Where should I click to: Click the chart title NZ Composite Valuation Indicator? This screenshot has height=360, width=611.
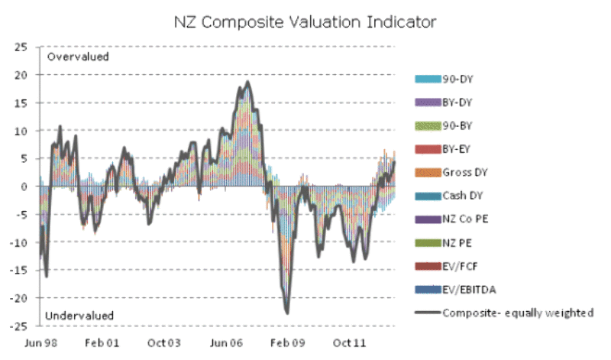click(305, 22)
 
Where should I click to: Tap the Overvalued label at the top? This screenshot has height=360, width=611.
click(78, 57)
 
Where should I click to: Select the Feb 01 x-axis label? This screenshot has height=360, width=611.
click(102, 344)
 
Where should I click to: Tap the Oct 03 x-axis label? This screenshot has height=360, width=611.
click(163, 344)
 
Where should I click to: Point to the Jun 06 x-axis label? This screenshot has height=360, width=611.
click(225, 344)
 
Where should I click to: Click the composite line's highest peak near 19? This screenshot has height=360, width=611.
click(247, 82)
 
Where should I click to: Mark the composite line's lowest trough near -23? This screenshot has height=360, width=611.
click(286, 313)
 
